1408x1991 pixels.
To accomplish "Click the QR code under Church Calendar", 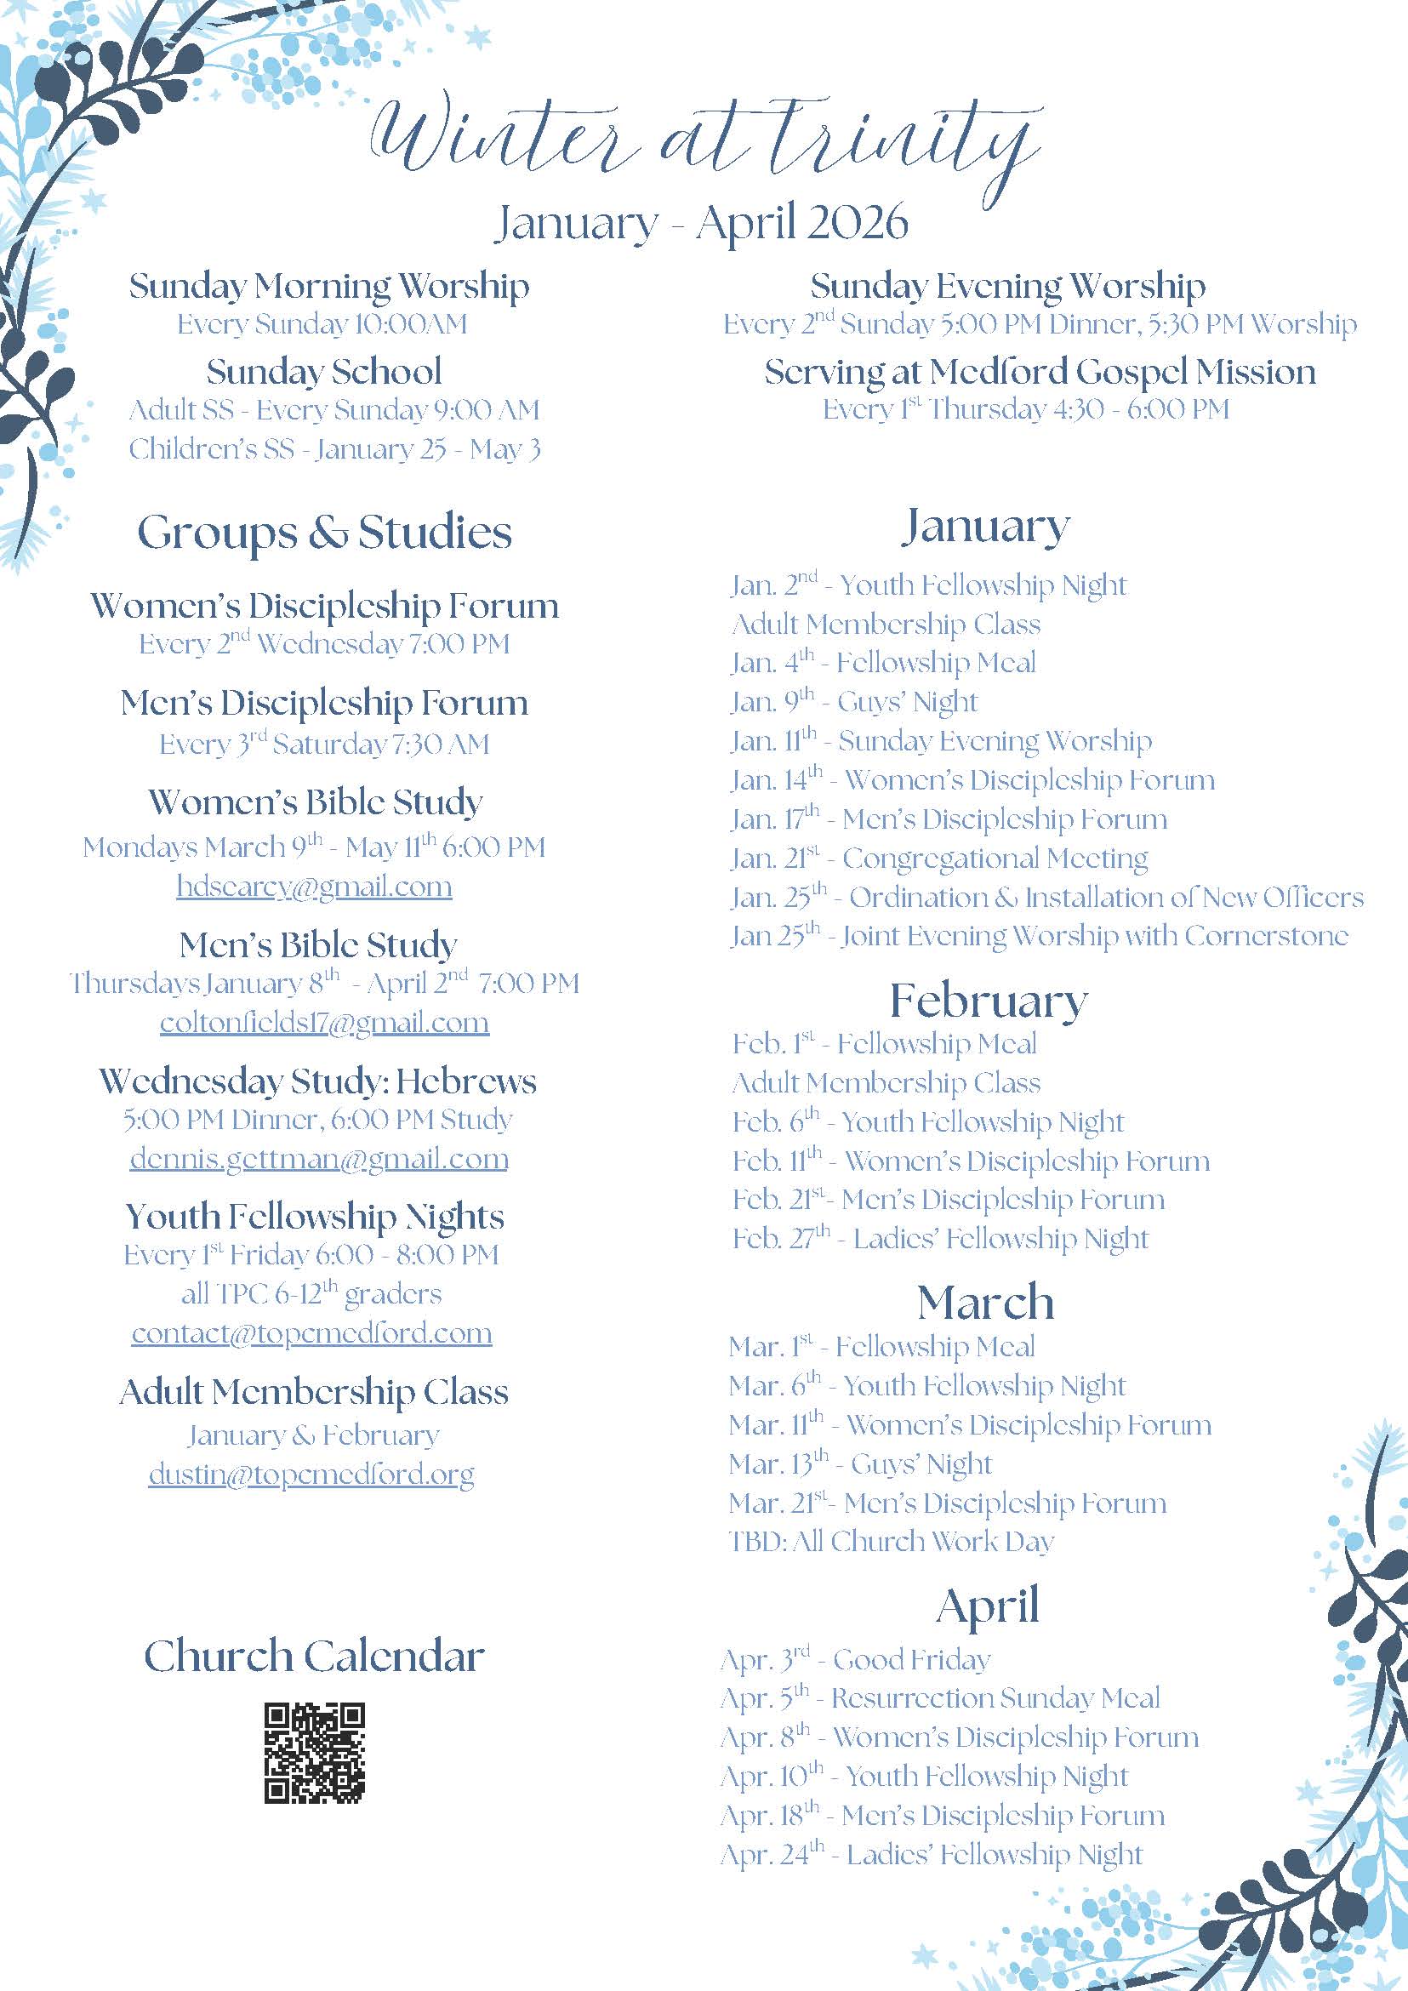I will tap(314, 1753).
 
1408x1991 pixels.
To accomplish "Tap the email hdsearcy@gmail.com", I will tap(314, 887).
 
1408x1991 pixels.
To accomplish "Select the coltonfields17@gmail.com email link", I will tap(324, 1023).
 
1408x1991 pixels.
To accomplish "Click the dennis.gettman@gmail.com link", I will tap(319, 1159).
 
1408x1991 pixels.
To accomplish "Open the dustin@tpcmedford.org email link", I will tap(311, 1475).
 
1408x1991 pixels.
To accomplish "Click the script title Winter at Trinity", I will tap(704, 139).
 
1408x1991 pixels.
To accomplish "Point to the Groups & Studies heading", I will tap(324, 533).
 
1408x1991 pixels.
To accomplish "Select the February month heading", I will tap(989, 1001).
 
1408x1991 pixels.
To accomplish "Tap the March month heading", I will tap(986, 1303).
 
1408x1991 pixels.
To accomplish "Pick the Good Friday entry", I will tap(855, 1660).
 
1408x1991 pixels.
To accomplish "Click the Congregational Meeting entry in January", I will tap(939, 859).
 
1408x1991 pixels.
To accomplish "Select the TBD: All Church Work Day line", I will tap(892, 1541).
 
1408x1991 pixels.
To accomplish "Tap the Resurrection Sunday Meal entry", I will tap(940, 1698).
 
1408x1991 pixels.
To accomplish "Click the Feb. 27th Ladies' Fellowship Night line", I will tap(940, 1238).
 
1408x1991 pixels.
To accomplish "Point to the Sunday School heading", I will tap(324, 372).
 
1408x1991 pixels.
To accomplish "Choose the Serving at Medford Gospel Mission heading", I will tap(1040, 372).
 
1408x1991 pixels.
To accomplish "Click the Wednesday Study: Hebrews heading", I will tap(318, 1081).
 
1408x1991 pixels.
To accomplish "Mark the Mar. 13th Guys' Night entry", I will tap(860, 1463).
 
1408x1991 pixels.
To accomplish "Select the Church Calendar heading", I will tap(314, 1657).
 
